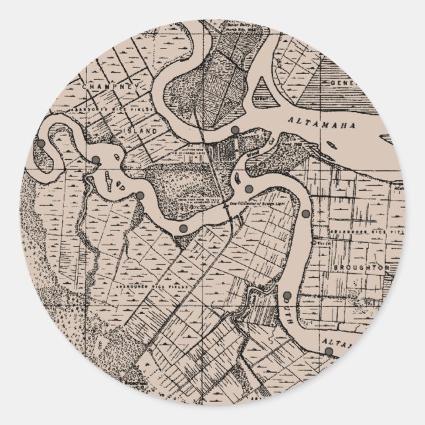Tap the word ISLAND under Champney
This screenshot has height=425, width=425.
(141, 131)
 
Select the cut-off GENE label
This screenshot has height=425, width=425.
(343, 83)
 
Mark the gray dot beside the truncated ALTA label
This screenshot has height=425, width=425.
(329, 351)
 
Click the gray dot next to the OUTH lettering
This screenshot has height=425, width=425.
(288, 295)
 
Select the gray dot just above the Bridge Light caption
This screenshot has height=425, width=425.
(248, 189)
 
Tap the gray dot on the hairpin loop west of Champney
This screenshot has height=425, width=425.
(40, 143)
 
